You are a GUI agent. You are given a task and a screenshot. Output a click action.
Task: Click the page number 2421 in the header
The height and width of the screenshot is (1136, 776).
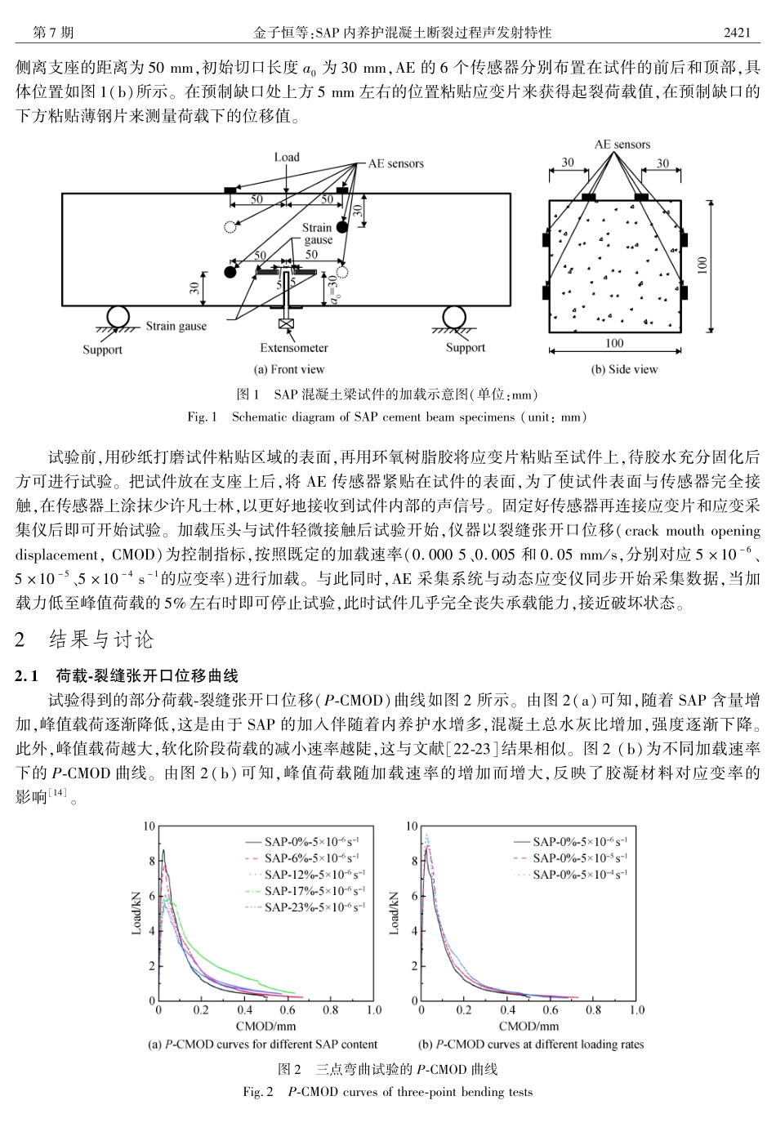coord(737,33)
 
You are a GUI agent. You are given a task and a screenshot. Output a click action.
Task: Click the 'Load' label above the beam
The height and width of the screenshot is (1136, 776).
coord(287,157)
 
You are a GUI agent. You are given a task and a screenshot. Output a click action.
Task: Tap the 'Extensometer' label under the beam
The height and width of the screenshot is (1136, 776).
coord(294,348)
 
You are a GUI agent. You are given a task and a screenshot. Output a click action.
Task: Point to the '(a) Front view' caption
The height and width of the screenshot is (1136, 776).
coord(290,369)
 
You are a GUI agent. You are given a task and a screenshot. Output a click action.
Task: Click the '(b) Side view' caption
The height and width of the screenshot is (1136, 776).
coord(624,369)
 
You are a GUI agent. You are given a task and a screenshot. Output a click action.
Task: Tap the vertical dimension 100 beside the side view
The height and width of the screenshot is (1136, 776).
coord(703,266)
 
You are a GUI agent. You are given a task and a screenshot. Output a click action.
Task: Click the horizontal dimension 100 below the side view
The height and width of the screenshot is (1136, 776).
coord(613,344)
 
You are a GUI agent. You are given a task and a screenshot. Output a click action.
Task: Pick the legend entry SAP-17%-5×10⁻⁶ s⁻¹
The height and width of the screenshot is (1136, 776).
coord(314,891)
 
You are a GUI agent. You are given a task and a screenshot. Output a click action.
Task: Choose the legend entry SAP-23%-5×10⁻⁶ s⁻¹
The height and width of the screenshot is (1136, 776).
coord(314,907)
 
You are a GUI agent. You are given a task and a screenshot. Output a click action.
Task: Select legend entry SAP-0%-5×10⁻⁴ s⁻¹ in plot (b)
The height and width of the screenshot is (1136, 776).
coord(580,875)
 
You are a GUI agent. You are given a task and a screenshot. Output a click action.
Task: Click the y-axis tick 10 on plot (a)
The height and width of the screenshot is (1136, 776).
coord(149,827)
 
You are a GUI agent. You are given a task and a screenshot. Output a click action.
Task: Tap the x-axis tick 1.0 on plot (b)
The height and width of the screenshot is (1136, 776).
coord(636,1010)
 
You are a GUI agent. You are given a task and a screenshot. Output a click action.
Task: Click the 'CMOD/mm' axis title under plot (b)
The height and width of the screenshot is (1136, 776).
coord(528,1026)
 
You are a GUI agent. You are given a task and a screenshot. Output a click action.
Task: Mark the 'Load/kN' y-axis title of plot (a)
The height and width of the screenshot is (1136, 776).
coord(137,913)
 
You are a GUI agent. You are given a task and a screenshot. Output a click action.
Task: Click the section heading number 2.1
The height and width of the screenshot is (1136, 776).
coord(29,676)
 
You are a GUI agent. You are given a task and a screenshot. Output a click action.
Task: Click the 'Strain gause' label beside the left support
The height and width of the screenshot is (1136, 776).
coord(176,327)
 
